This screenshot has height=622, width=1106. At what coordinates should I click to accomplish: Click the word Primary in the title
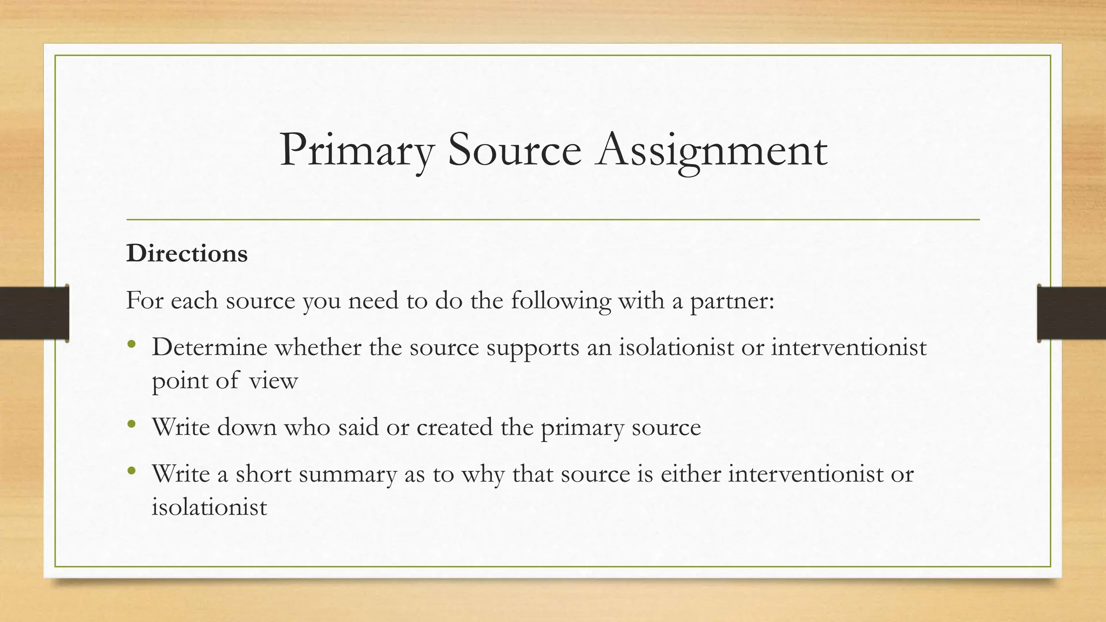click(x=357, y=150)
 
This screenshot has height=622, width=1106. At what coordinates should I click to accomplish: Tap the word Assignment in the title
click(x=711, y=150)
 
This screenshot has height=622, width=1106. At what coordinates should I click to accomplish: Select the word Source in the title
click(x=514, y=150)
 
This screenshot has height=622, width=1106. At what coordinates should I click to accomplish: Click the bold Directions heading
click(x=187, y=253)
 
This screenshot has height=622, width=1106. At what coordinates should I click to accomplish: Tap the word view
click(x=273, y=381)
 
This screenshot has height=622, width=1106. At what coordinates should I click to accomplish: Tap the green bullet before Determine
click(x=131, y=344)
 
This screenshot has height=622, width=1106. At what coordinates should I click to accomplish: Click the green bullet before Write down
click(x=131, y=424)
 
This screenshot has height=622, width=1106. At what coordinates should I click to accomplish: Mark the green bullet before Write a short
click(x=131, y=471)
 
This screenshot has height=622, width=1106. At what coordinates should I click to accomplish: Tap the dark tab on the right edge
click(x=1071, y=313)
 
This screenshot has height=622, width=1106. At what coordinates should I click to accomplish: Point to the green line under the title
click(x=553, y=220)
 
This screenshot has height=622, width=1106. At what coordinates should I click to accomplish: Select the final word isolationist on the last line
click(x=210, y=507)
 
